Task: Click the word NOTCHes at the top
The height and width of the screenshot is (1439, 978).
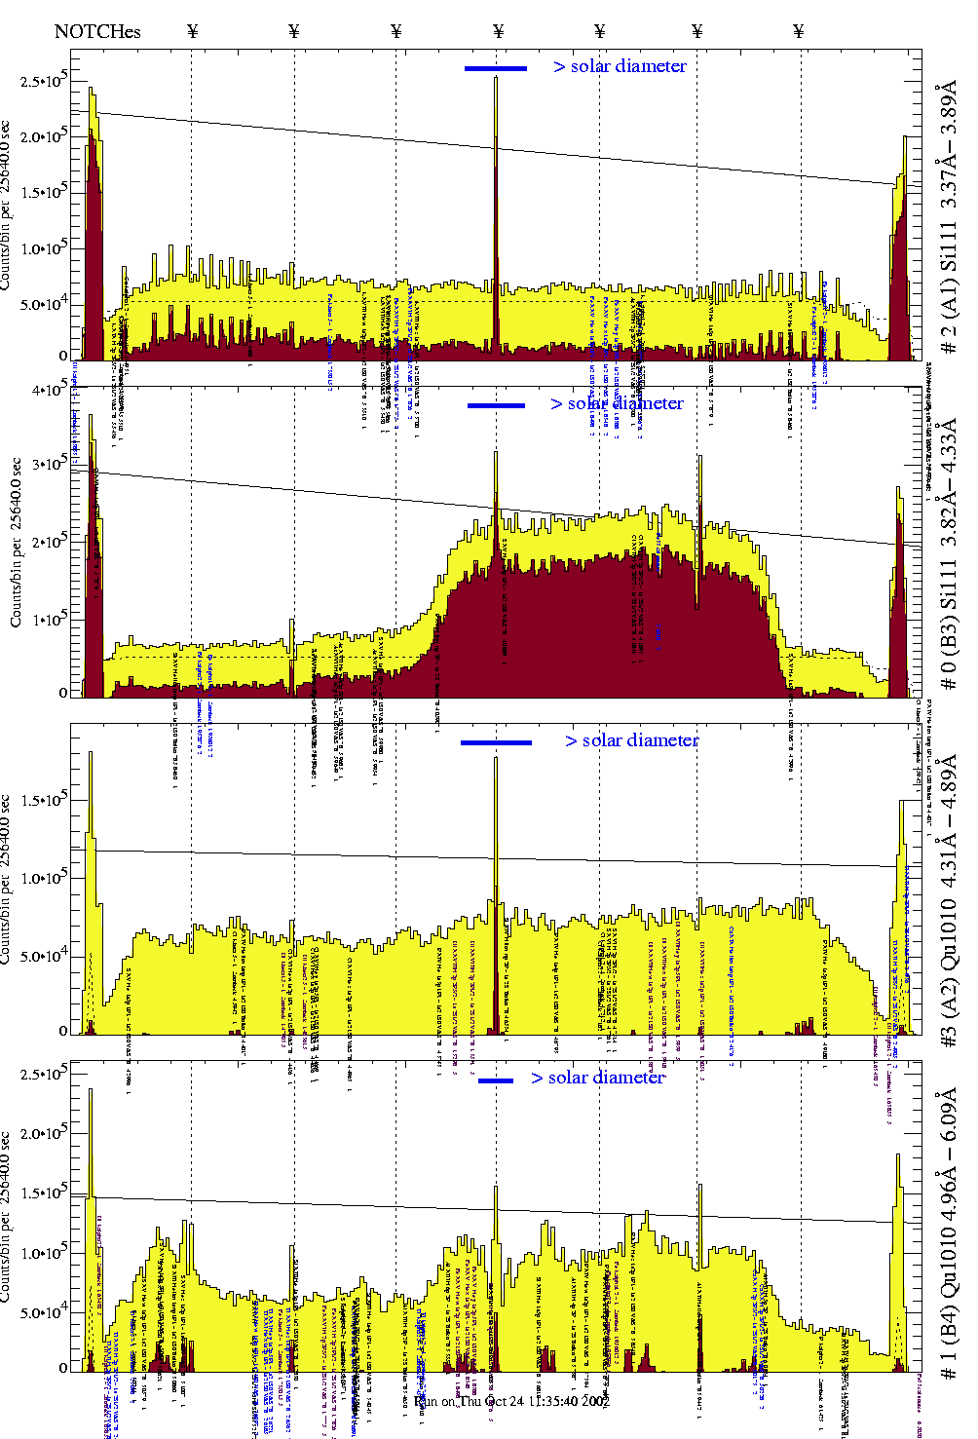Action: point(97,31)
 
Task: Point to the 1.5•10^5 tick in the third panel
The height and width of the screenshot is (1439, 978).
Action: point(44,801)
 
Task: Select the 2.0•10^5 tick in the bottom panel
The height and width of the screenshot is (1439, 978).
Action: point(44,1134)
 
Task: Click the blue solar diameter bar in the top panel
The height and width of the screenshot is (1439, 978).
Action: point(496,68)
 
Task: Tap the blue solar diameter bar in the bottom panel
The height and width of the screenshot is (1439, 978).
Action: point(496,1080)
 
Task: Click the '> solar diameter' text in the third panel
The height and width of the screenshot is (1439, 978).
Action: point(631,740)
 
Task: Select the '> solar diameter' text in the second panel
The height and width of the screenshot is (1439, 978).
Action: point(617,403)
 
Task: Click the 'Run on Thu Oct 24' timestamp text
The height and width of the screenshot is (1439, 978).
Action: point(511,1401)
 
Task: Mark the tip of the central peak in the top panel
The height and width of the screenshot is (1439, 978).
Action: point(496,78)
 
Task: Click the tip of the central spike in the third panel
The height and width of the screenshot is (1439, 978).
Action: point(496,757)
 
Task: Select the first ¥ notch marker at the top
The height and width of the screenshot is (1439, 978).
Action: point(192,31)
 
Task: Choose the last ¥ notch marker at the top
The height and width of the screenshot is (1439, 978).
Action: point(799,31)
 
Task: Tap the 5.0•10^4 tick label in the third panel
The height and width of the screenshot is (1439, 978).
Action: point(44,956)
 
